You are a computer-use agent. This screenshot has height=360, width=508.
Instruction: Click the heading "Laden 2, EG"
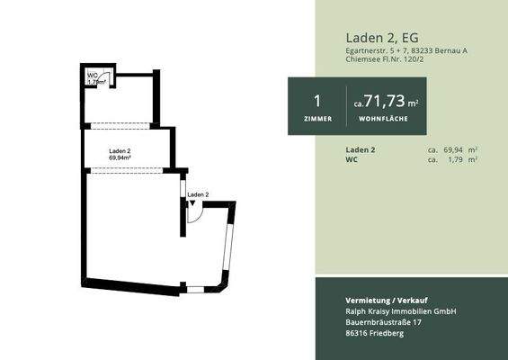pos(380,37)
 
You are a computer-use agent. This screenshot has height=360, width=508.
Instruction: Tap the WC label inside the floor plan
pos(92,76)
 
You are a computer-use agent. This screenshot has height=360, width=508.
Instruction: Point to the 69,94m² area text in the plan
pos(120,157)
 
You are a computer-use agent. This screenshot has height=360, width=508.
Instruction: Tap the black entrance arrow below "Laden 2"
pos(191,204)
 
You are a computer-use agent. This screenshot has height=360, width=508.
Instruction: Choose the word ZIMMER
pos(317,118)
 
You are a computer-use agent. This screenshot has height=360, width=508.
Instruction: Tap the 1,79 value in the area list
pos(456,159)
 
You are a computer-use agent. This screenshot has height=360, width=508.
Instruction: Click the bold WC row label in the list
pos(352,159)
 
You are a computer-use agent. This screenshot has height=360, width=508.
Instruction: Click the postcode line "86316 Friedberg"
pos(375,334)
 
